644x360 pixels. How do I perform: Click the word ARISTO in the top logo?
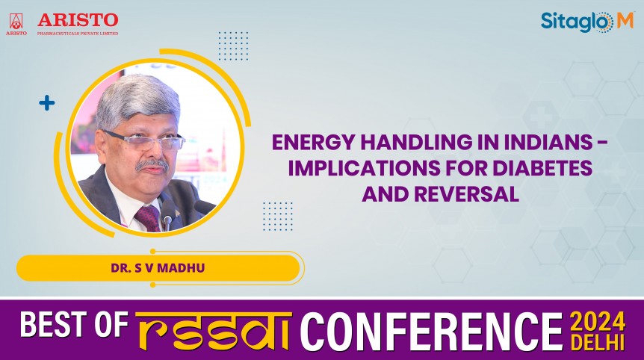pyautogui.click(x=78, y=19)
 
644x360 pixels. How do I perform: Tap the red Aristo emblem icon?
pyautogui.click(x=16, y=21)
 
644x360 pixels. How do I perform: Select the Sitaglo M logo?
pyautogui.click(x=586, y=22)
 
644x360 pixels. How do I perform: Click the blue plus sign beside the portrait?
pyautogui.click(x=47, y=103)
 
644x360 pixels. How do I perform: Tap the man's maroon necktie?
pyautogui.click(x=148, y=217)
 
